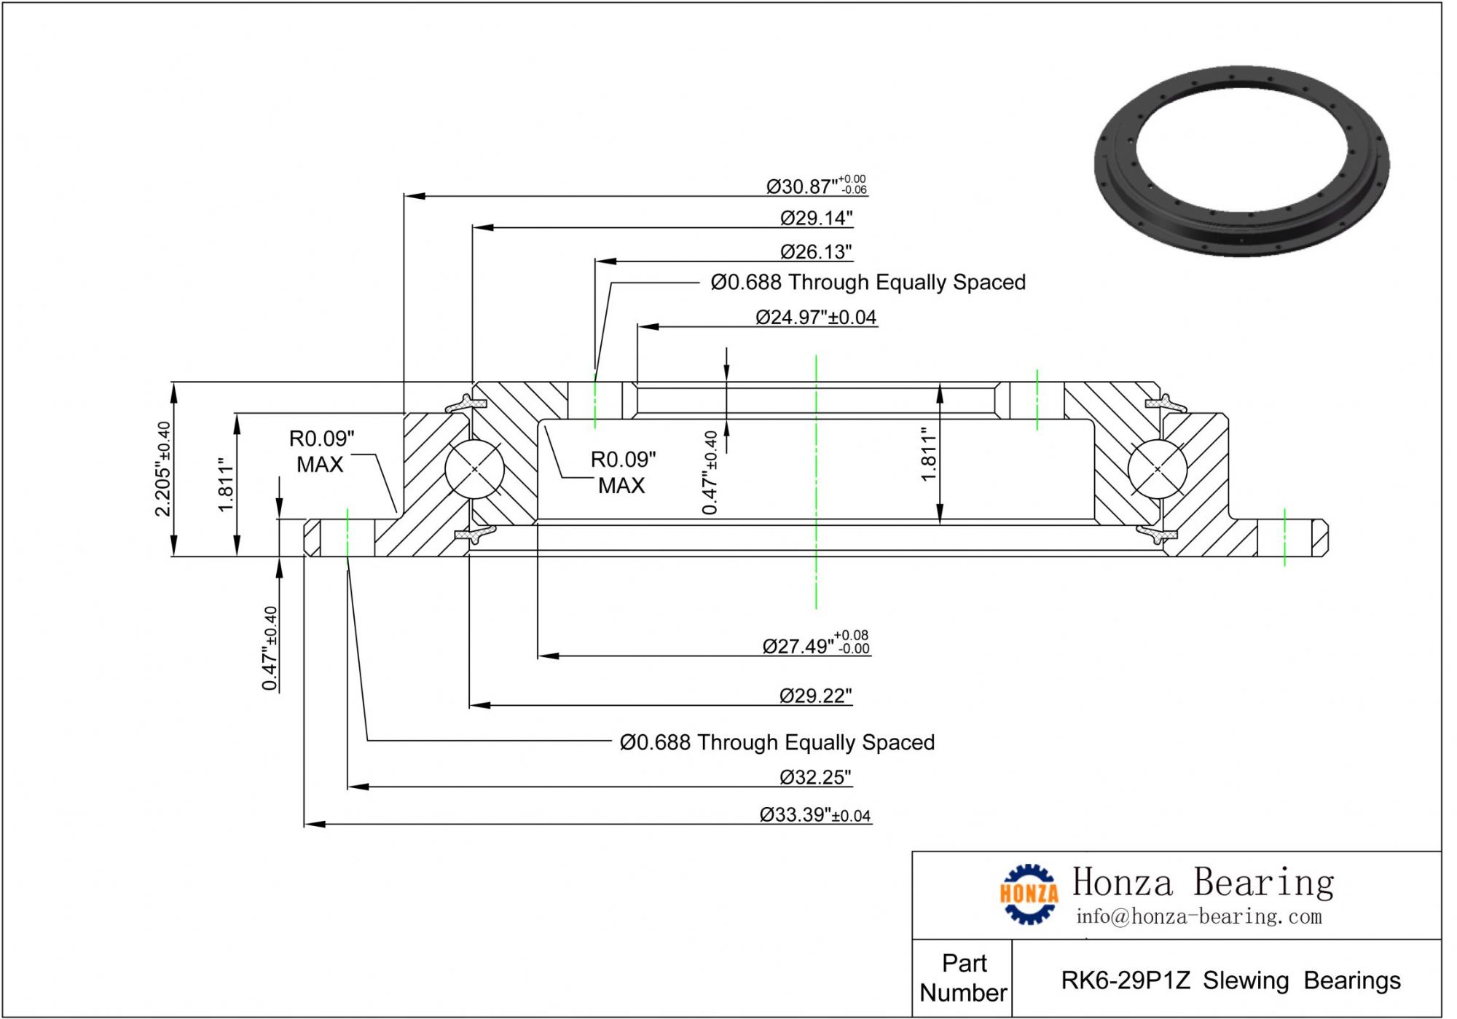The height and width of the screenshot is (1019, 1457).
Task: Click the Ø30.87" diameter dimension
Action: coord(814,186)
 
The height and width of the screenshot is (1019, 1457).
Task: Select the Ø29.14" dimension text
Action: coord(816,218)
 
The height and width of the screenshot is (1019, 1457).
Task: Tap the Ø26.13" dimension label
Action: coord(816,252)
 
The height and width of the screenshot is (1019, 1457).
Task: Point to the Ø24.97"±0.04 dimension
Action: coord(816,318)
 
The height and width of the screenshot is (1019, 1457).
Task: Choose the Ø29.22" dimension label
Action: coord(815,696)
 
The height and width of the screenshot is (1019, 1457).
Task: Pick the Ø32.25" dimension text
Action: coord(815,777)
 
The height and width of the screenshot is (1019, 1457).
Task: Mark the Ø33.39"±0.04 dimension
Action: coord(814,814)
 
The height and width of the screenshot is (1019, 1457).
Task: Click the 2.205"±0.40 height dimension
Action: coord(162,468)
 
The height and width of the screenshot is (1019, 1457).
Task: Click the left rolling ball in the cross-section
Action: coord(474,469)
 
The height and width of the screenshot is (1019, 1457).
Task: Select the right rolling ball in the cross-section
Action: coord(1158,469)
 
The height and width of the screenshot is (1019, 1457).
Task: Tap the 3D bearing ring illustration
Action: coord(1241,161)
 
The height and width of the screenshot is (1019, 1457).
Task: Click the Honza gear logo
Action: coord(1029,894)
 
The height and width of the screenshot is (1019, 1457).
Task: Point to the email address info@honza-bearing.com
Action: coord(1198,916)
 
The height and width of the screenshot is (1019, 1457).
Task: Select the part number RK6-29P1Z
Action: coord(1126,980)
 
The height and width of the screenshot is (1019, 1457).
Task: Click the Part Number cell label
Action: coord(963,977)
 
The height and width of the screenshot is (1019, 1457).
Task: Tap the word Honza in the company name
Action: coord(1123,882)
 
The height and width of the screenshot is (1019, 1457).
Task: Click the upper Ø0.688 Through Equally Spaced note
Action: coord(868,282)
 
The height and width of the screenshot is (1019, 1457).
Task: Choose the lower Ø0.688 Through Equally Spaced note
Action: coord(777,742)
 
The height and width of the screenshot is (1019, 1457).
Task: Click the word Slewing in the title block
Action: coord(1246,980)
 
